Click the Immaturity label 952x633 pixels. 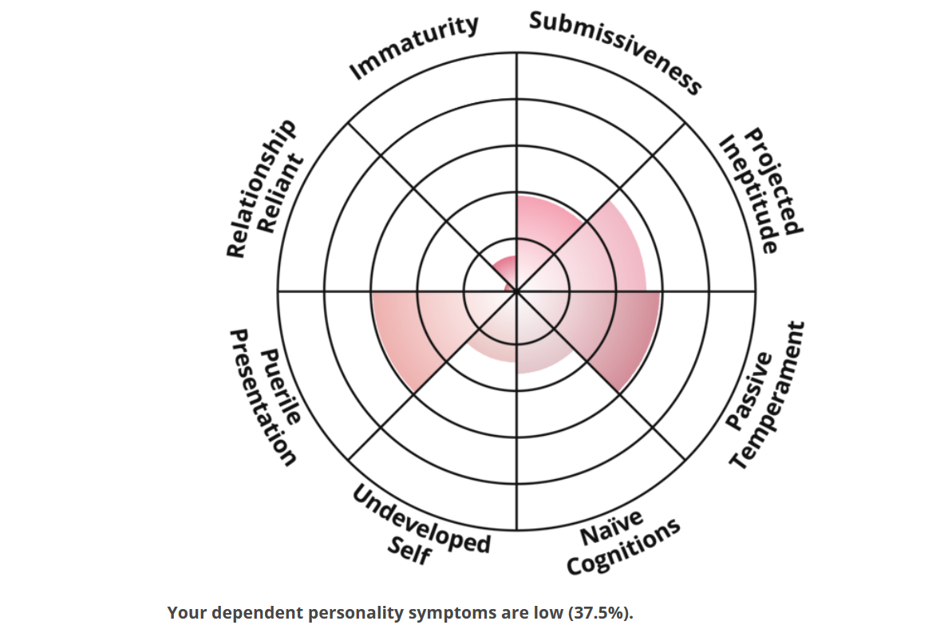(x=415, y=47)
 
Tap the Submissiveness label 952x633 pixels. (x=615, y=52)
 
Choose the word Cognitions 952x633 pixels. (x=623, y=547)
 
